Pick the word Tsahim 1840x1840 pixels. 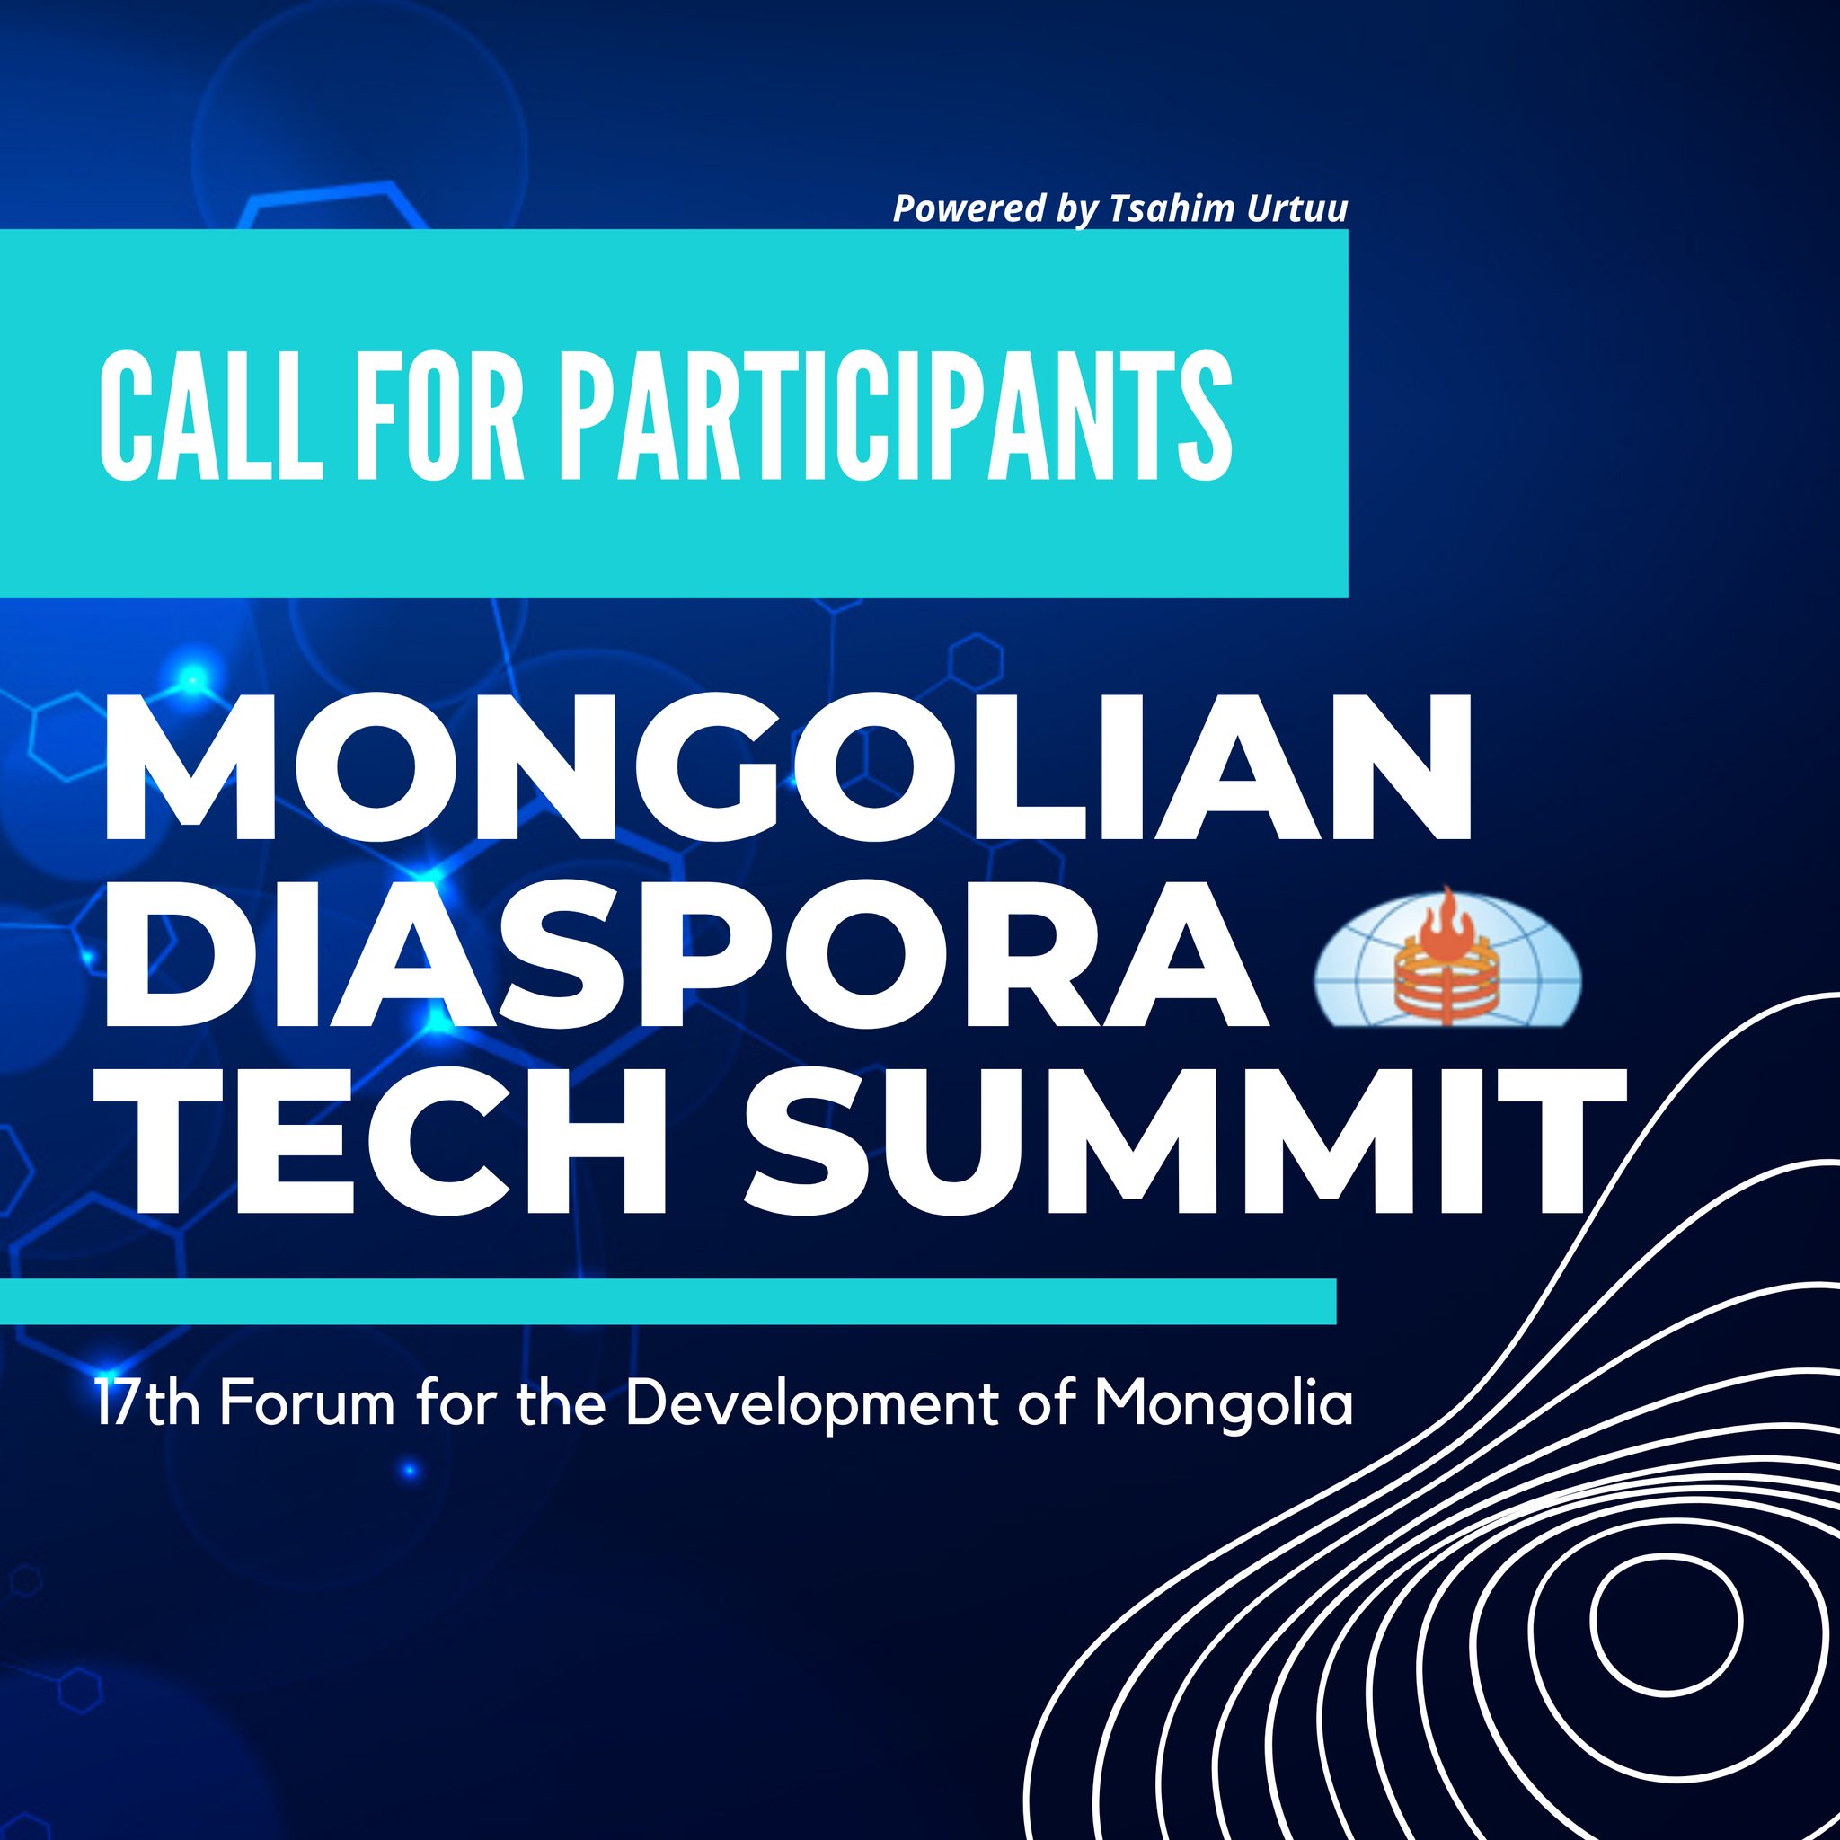pyautogui.click(x=1161, y=208)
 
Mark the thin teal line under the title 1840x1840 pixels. pyautogui.click(x=668, y=1302)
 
